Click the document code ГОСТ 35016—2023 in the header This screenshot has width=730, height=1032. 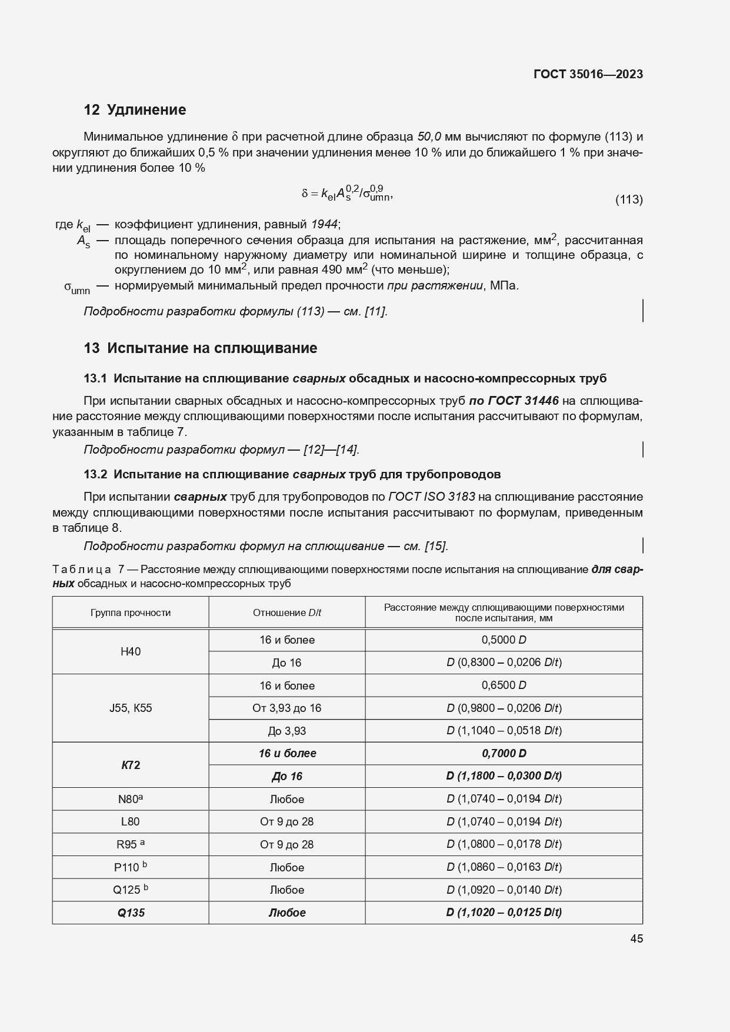tap(588, 74)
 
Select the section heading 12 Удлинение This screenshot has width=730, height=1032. tap(135, 110)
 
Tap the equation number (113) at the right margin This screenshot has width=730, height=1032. tap(628, 199)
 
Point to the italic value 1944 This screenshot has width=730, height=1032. tap(324, 224)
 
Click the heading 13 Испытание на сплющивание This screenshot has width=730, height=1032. tap(200, 348)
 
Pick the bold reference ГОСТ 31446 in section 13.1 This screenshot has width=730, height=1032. tap(514, 401)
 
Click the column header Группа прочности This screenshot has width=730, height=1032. tap(131, 612)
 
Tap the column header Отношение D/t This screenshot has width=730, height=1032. tap(286, 612)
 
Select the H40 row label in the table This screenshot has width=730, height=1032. tap(131, 651)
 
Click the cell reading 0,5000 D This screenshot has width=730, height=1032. tap(504, 640)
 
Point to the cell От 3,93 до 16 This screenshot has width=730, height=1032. tap(286, 708)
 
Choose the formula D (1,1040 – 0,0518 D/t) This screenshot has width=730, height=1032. tap(504, 731)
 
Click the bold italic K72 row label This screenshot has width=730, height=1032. tap(131, 765)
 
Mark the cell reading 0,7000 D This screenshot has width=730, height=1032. tap(504, 754)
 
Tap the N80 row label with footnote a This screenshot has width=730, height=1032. tap(131, 799)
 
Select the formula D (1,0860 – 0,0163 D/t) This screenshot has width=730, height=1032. tap(504, 867)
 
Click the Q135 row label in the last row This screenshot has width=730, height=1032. tap(131, 913)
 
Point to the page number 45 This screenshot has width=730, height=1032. tap(636, 939)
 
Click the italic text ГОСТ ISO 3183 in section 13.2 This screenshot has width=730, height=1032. tap(431, 497)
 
